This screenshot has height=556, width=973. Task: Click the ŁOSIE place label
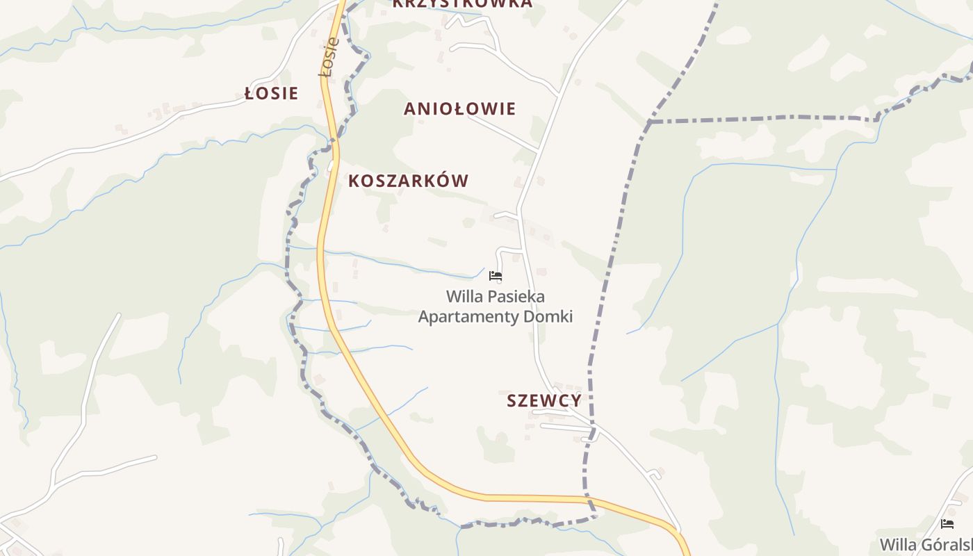click(x=272, y=93)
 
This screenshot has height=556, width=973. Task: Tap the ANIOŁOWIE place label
click(x=459, y=108)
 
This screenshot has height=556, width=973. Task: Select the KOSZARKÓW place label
click(x=408, y=181)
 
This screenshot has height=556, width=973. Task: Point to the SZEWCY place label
click(x=543, y=400)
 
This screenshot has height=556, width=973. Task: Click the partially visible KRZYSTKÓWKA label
click(x=462, y=3)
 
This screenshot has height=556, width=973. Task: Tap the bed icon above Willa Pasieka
click(x=496, y=276)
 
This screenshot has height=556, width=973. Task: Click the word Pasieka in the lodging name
click(x=515, y=297)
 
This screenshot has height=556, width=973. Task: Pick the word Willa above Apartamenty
click(x=464, y=297)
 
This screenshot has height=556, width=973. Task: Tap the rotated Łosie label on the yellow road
click(x=329, y=57)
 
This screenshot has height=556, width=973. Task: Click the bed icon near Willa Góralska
click(x=947, y=524)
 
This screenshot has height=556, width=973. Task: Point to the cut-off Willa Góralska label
click(x=926, y=544)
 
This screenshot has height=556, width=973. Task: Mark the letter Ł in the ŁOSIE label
click(x=250, y=93)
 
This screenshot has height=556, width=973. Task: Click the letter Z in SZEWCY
click(x=526, y=401)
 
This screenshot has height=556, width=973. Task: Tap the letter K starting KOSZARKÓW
click(x=354, y=181)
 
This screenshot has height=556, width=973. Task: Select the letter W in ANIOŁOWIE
click(x=487, y=108)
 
